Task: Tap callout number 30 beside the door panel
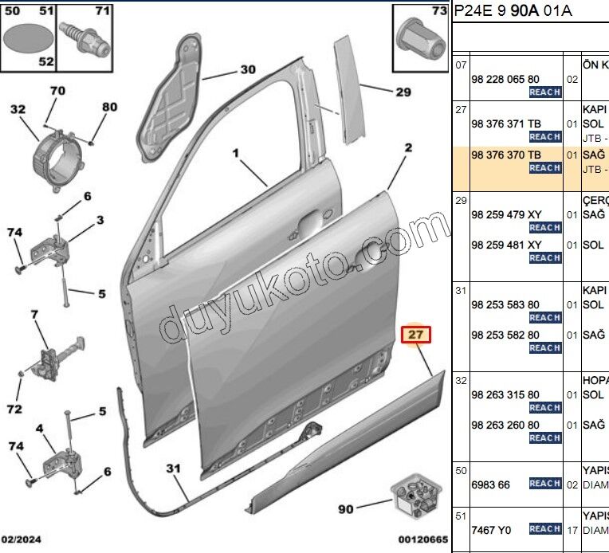click(x=248, y=69)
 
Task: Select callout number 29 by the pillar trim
click(x=403, y=92)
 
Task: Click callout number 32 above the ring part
click(x=18, y=109)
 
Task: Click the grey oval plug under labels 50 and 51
click(x=28, y=37)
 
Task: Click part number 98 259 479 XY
click(x=506, y=214)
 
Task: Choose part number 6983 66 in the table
click(x=490, y=484)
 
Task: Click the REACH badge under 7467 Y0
click(x=545, y=528)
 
